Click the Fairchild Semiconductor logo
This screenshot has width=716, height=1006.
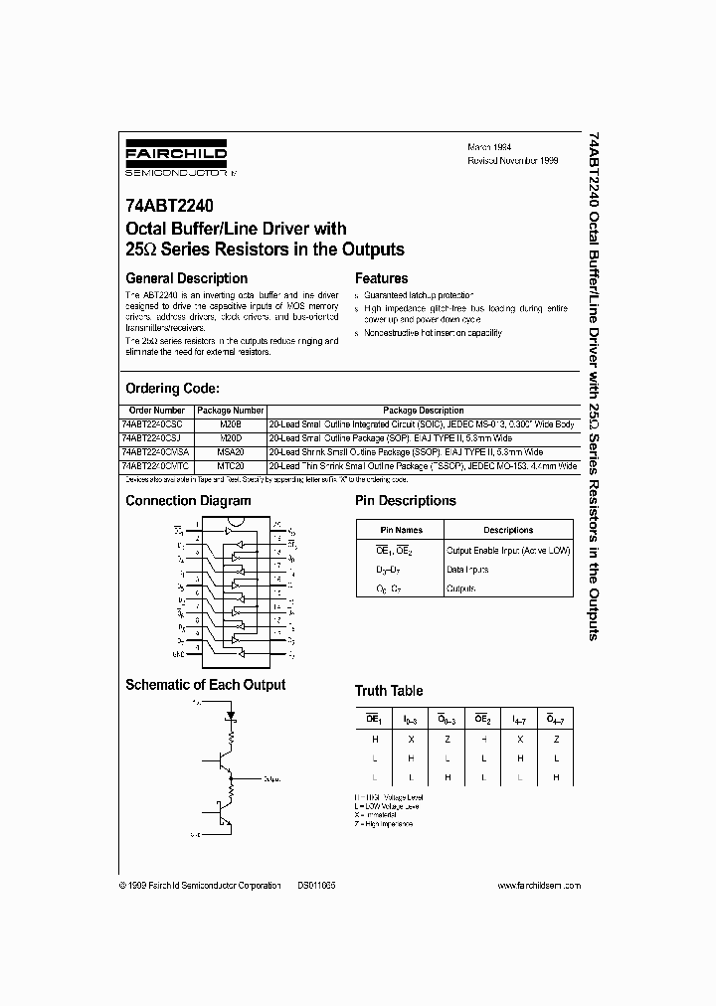[x=176, y=160]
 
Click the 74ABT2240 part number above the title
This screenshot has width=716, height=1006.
[x=161, y=207]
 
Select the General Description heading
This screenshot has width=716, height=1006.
[x=186, y=278]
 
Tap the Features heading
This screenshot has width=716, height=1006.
[x=381, y=278]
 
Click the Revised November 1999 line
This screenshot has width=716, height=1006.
[x=514, y=159]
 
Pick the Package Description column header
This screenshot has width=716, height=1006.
[x=423, y=411]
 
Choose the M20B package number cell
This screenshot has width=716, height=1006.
[x=230, y=423]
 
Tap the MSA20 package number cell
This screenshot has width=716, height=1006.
[x=230, y=451]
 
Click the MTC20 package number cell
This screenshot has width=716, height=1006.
[x=230, y=465]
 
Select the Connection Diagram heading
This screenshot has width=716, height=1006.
[x=188, y=501]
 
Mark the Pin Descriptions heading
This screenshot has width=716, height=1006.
[x=406, y=501]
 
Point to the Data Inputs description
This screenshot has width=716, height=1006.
[x=467, y=570]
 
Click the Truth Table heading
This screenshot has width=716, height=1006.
[x=389, y=690]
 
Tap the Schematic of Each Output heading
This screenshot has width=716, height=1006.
[x=205, y=684]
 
